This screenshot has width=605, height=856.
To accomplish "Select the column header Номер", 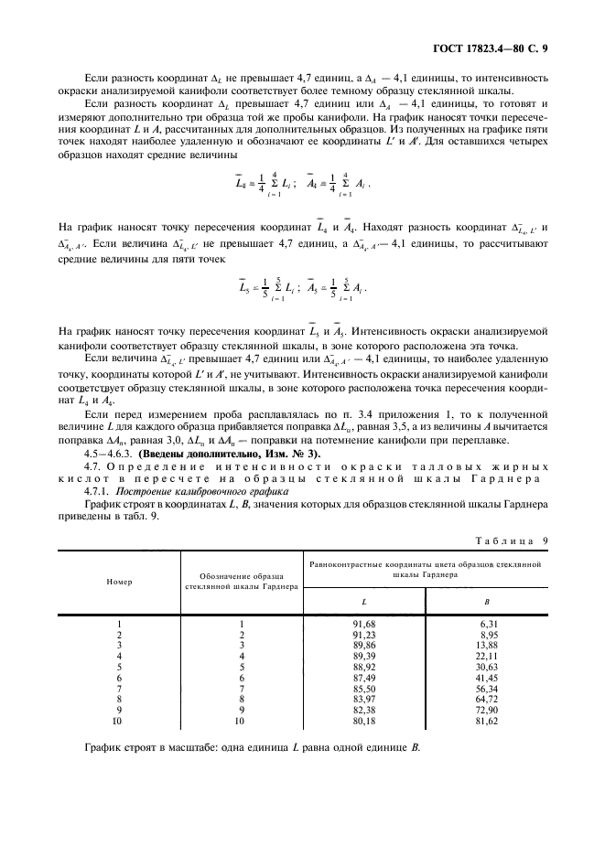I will point(119,581).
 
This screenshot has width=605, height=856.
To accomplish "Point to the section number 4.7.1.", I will point(95,491).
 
